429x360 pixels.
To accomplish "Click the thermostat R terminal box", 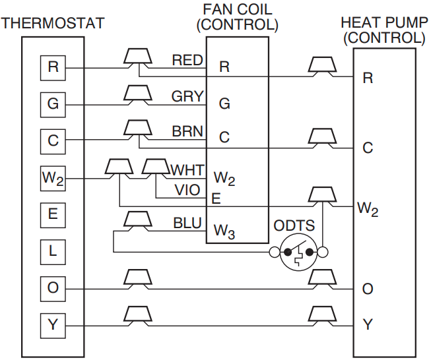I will (x=53, y=67).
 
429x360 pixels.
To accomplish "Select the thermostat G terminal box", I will (x=53, y=104).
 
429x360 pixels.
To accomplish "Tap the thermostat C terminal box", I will (x=53, y=140).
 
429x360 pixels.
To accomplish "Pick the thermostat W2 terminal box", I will (x=53, y=178).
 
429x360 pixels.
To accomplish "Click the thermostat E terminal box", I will (x=53, y=214).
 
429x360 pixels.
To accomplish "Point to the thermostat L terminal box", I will (x=53, y=251).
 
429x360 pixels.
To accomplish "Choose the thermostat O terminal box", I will (x=53, y=288).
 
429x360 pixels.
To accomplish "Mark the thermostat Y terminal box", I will (x=53, y=324).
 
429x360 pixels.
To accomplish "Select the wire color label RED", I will (x=187, y=61).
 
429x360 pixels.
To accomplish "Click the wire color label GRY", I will (x=187, y=97).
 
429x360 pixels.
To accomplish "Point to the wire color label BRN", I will (x=187, y=132).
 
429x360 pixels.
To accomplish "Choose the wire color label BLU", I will (x=187, y=224).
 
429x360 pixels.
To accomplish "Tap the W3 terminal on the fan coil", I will (x=224, y=231).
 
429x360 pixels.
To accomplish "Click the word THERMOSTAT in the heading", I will (x=53, y=24).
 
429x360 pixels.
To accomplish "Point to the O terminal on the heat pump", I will (x=368, y=289).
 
